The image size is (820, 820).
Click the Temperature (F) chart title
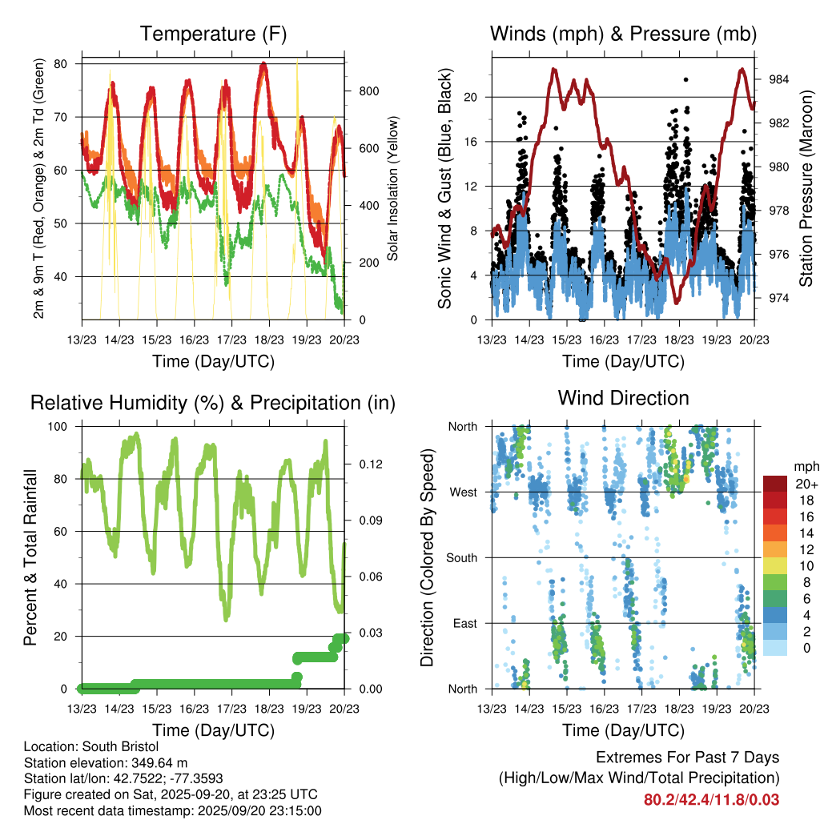point(213,34)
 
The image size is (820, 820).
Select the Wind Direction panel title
point(623,398)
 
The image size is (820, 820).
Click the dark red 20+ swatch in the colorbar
point(775,484)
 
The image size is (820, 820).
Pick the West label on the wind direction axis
point(463,492)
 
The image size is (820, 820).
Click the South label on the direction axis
point(461,557)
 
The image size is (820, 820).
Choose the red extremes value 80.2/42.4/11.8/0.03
point(711,799)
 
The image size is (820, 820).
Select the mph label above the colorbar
point(804,467)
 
